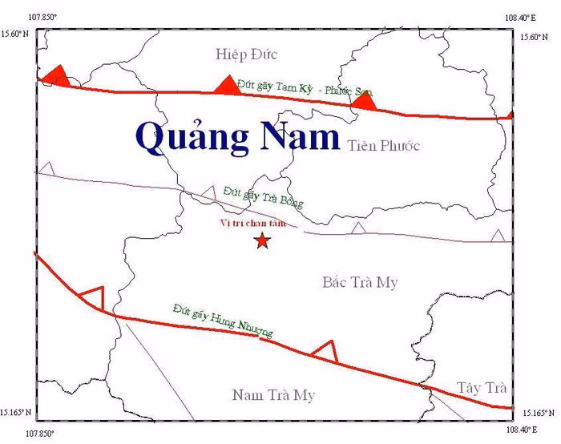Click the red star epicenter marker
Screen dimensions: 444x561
tap(261, 240)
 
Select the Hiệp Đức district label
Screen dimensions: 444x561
tap(246, 54)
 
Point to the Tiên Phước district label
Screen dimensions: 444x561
tap(384, 146)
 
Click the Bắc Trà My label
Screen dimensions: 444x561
tap(360, 282)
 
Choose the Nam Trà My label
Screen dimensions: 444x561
tap(273, 395)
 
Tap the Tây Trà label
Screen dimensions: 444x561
tap(482, 388)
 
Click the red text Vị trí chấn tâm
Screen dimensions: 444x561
tap(252, 224)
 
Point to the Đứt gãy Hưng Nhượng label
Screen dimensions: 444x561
tap(222, 320)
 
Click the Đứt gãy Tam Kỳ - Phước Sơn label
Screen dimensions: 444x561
tap(305, 87)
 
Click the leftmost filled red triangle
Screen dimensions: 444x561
tap(55, 76)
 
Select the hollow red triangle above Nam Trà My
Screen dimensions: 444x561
tap(324, 350)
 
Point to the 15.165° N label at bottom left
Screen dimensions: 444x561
tap(16, 413)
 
